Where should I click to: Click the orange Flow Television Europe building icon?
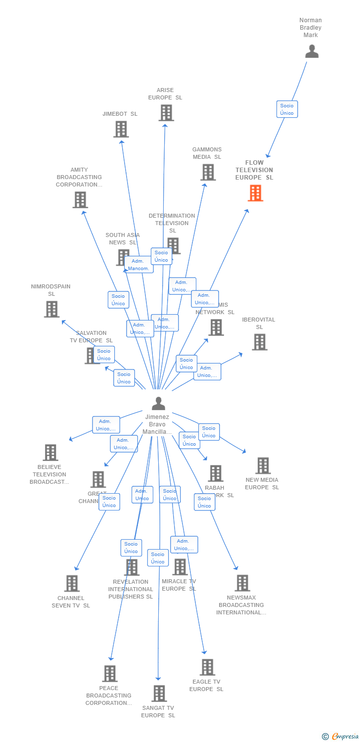point(255,193)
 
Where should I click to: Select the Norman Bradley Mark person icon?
point(312,51)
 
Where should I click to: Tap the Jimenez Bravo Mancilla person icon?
point(158,404)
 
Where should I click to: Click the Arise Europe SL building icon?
point(166,113)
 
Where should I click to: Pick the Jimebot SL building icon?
point(121,129)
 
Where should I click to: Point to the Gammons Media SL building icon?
point(208,172)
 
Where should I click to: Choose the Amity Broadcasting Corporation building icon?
point(80,200)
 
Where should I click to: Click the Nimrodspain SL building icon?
point(51,309)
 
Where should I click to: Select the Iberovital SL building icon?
point(260,342)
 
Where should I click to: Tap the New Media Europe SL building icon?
point(263,465)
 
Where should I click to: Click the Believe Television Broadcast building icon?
point(50,453)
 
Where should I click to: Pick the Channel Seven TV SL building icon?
point(72,584)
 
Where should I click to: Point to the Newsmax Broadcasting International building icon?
point(242,583)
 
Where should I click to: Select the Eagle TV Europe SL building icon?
point(207,667)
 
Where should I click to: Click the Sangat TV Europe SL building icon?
point(159,694)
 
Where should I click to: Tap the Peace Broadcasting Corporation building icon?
point(110,674)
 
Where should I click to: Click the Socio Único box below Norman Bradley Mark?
point(287,109)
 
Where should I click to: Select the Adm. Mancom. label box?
point(138,265)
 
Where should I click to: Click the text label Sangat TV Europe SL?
point(158,712)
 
